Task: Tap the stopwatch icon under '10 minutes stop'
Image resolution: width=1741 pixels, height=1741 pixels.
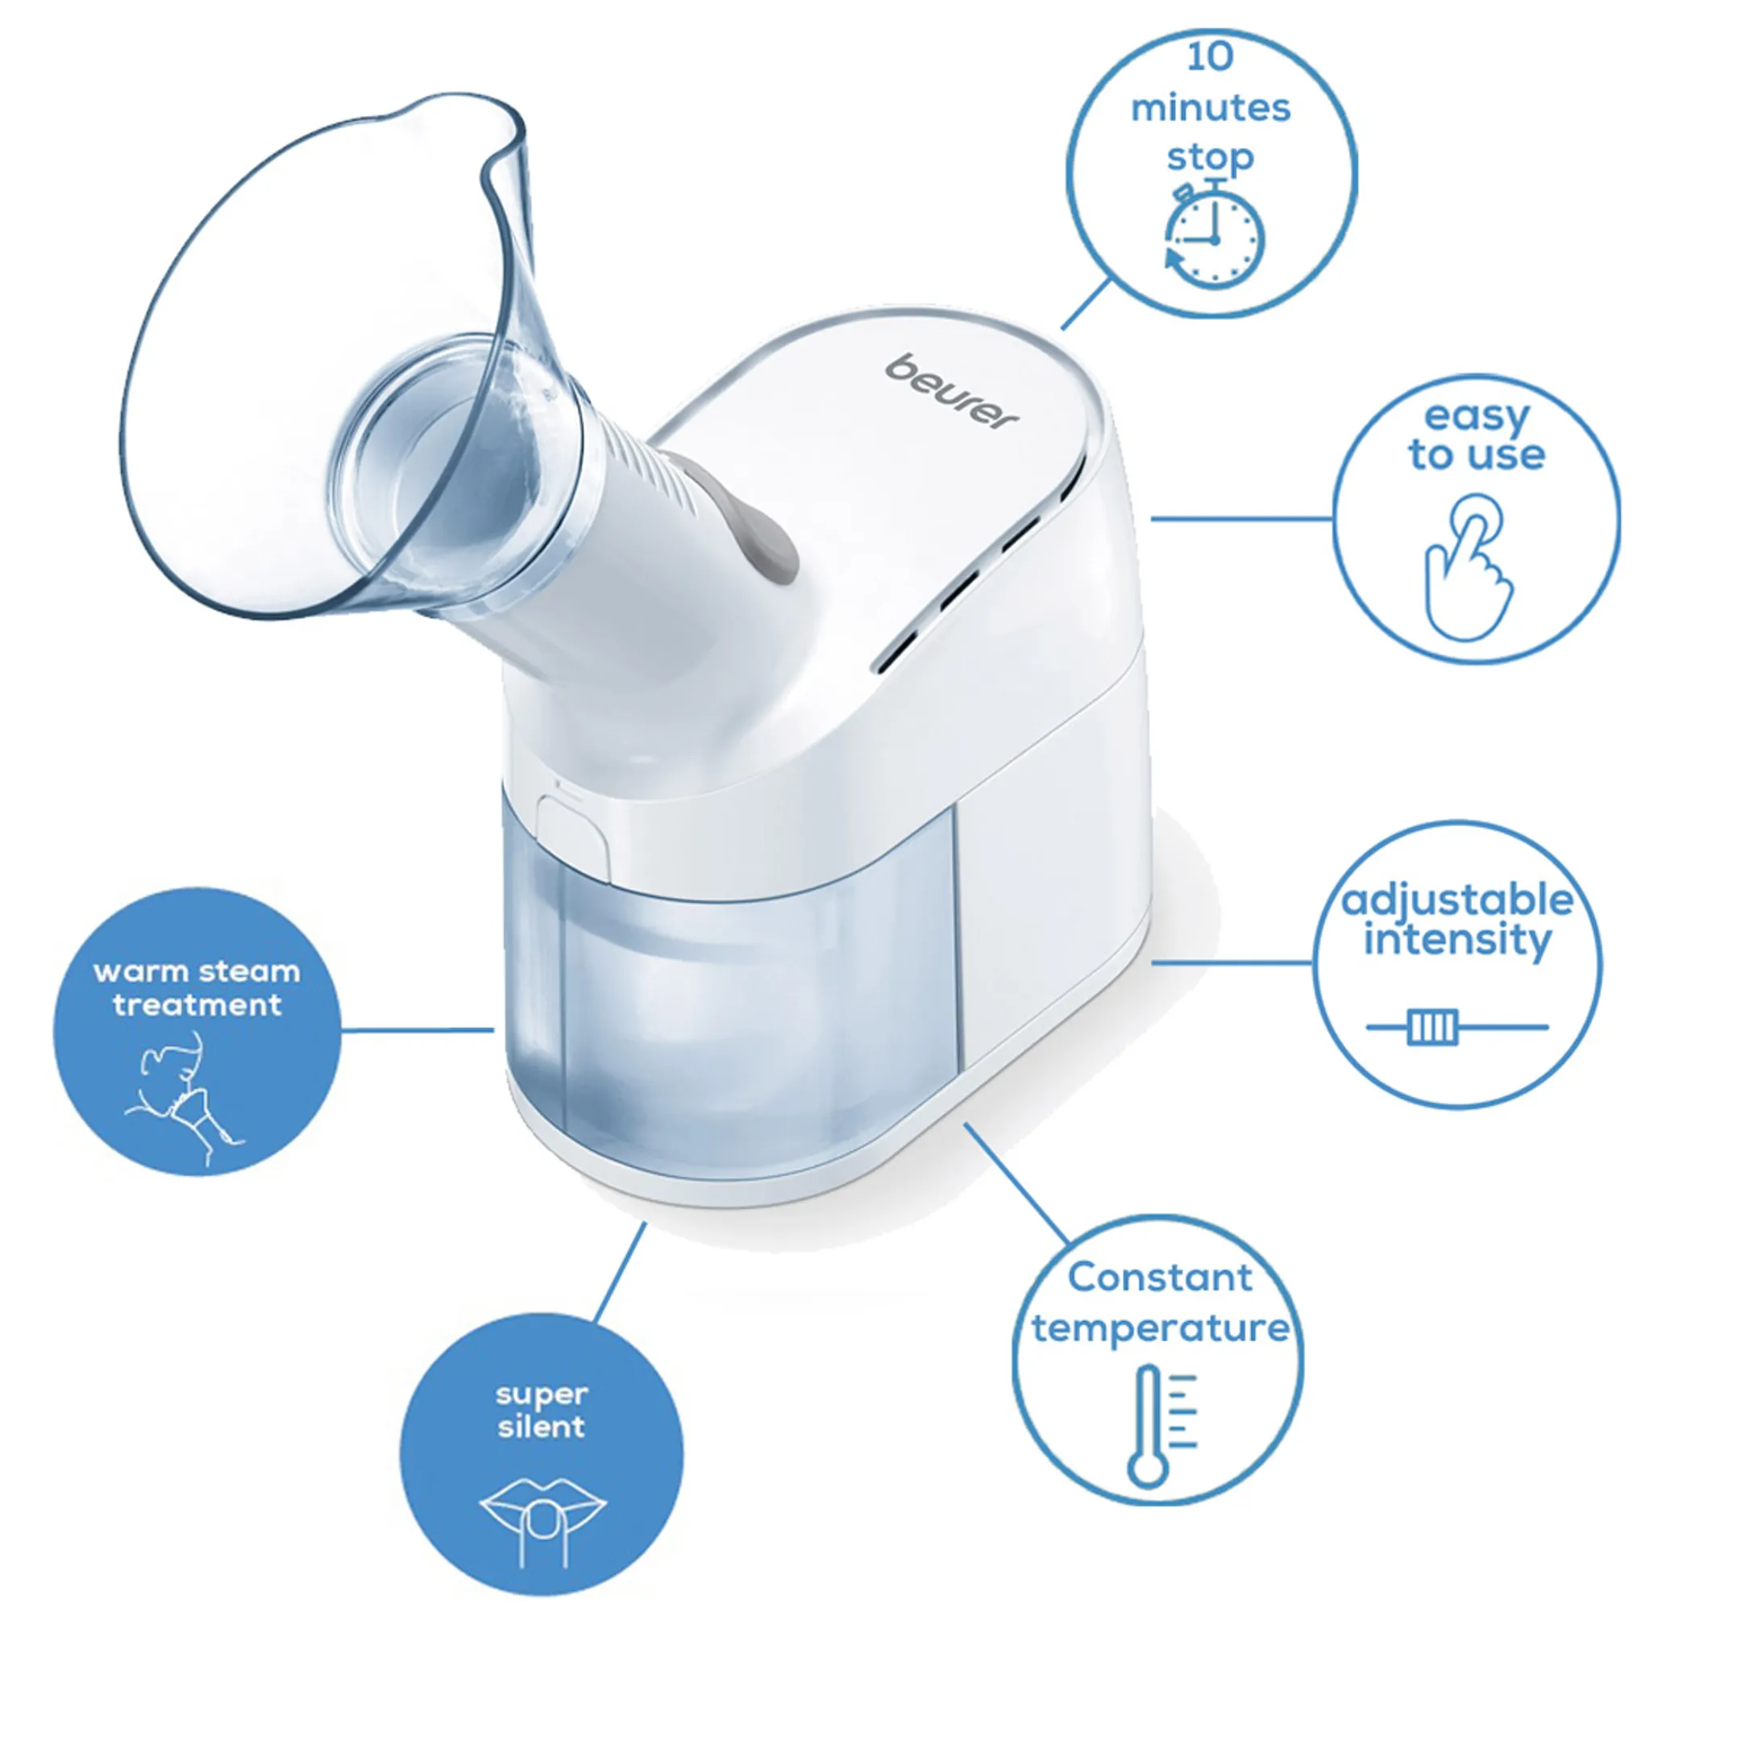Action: (x=1212, y=235)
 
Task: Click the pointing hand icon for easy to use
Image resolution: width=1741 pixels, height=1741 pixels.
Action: (x=1468, y=567)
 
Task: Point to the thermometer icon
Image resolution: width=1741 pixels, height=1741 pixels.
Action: (x=1161, y=1426)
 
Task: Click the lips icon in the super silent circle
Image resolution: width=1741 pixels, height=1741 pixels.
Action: (x=542, y=1521)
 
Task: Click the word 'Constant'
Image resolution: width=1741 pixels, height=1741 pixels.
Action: (x=1160, y=1277)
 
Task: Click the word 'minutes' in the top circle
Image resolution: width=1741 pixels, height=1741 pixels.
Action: (x=1210, y=108)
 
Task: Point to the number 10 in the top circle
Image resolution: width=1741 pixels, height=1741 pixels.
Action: (x=1209, y=56)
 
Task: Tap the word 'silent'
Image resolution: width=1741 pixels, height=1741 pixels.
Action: (x=542, y=1427)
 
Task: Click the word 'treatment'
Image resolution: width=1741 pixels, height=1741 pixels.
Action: (x=197, y=1005)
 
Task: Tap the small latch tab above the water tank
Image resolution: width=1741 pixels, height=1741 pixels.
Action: (x=572, y=833)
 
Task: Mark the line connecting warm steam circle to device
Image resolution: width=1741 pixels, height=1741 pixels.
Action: (x=418, y=1030)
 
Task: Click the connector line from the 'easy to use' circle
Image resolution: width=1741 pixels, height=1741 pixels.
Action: (x=1242, y=519)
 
